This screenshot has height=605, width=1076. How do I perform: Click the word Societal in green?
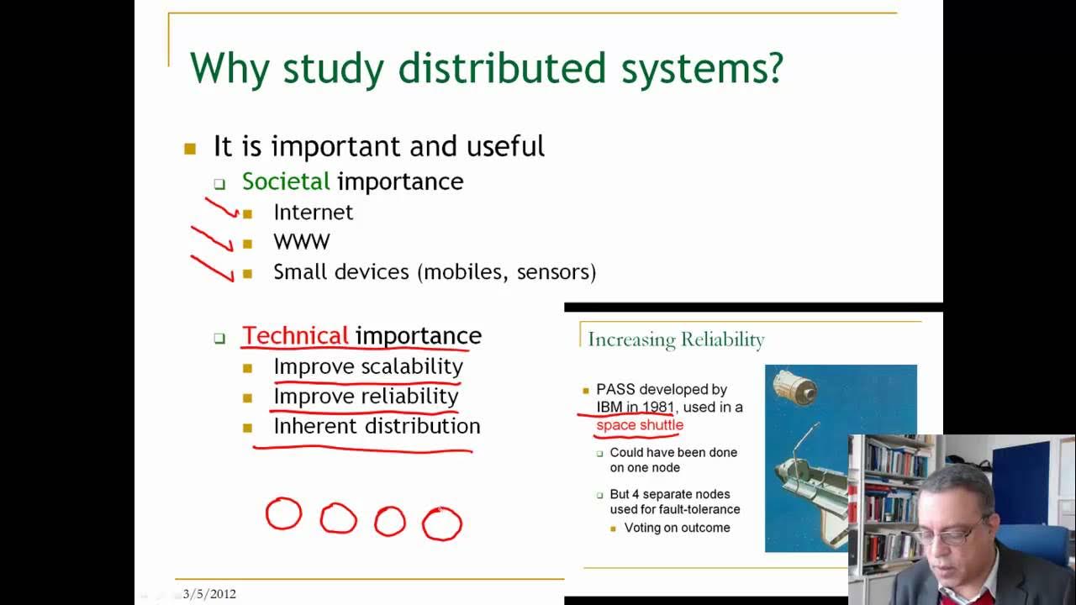point(286,181)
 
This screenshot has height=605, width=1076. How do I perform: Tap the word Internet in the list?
point(313,213)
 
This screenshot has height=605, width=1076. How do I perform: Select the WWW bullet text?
point(301,242)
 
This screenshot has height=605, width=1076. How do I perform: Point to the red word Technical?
point(295,336)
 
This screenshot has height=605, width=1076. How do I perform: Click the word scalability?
point(412,367)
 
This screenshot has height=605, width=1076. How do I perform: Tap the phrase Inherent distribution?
point(377,426)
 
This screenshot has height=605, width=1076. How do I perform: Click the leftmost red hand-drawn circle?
point(283,513)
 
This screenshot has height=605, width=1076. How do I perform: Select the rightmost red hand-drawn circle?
point(441,523)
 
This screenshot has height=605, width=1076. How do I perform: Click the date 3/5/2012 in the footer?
point(209,594)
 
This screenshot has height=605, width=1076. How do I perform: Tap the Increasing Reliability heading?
point(676,339)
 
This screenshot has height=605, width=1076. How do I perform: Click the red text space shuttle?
point(640,425)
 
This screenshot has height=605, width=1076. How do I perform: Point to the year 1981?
point(657,408)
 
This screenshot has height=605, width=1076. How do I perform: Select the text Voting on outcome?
point(677,529)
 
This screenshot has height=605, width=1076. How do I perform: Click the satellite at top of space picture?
point(795,387)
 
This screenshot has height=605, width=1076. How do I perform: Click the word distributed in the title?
point(501,69)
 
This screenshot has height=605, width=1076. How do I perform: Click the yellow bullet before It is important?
point(190,149)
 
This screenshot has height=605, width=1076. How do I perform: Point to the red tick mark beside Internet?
point(222,208)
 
